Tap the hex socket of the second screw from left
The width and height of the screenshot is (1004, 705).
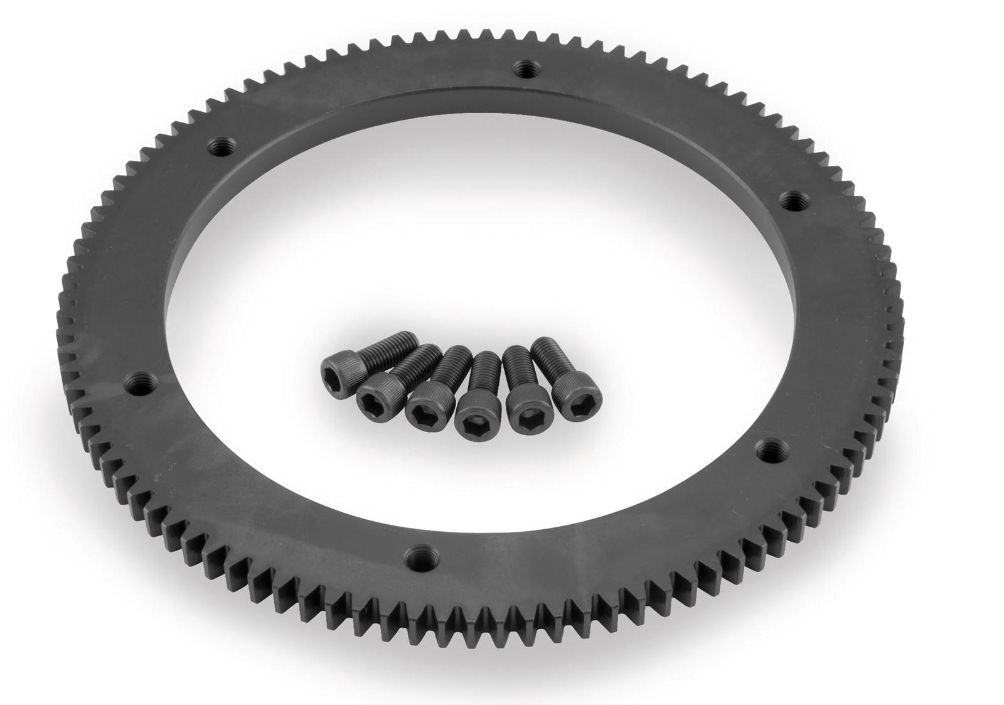pos(371,397)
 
